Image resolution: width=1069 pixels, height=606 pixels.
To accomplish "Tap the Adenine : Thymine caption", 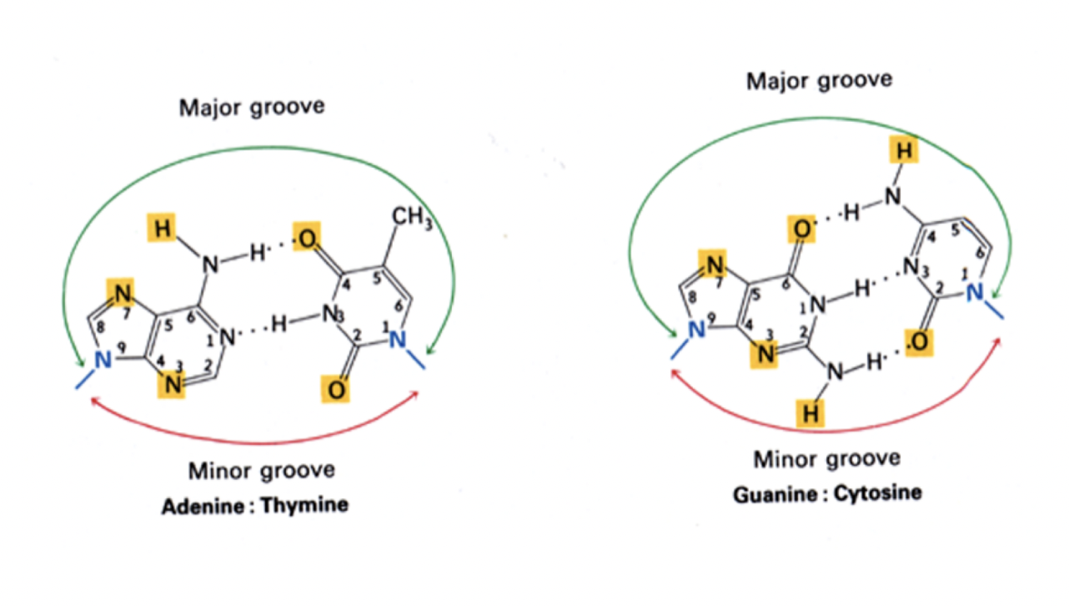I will (x=255, y=506).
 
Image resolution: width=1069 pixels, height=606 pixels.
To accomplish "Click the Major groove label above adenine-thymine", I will (x=252, y=108).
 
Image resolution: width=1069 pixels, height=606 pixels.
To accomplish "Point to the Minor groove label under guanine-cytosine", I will (x=826, y=459).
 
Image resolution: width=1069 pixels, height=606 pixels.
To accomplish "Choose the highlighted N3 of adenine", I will (x=173, y=385).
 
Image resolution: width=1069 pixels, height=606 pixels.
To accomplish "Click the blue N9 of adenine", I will (x=102, y=360).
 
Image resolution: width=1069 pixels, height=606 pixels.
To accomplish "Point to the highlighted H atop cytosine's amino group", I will (x=903, y=152).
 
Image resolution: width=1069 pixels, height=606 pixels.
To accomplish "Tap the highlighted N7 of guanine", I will (x=714, y=265).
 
